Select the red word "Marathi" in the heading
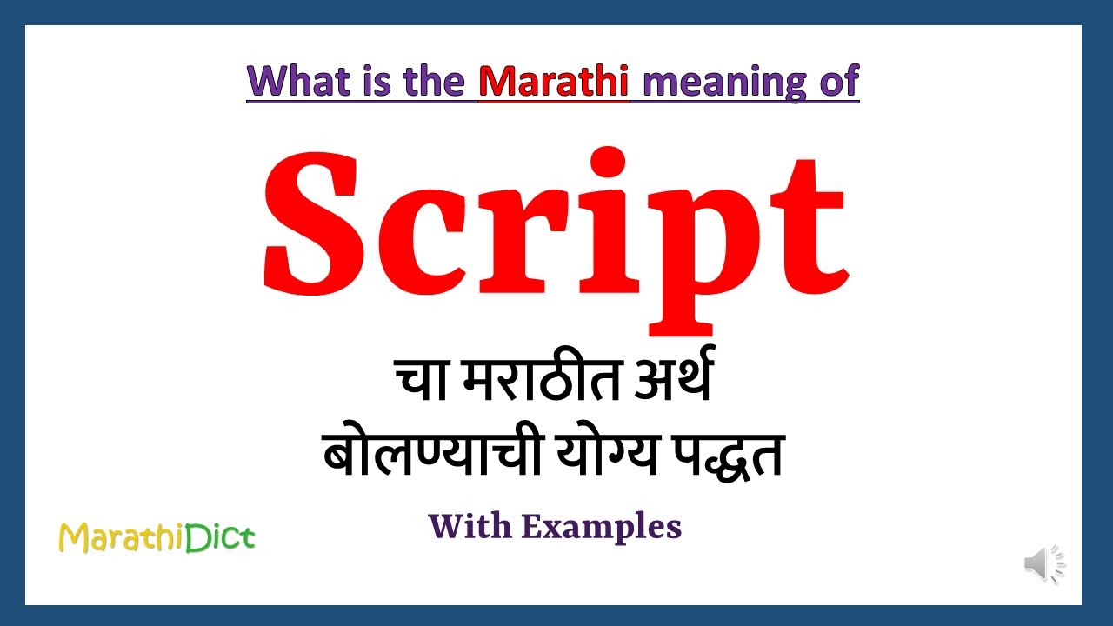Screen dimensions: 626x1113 pos(554,81)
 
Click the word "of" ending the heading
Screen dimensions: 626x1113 pos(836,81)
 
